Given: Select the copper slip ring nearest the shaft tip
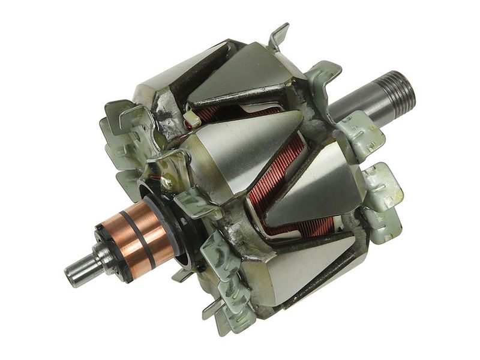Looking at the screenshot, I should [x=130, y=241].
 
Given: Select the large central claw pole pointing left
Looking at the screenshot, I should [x=240, y=150].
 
